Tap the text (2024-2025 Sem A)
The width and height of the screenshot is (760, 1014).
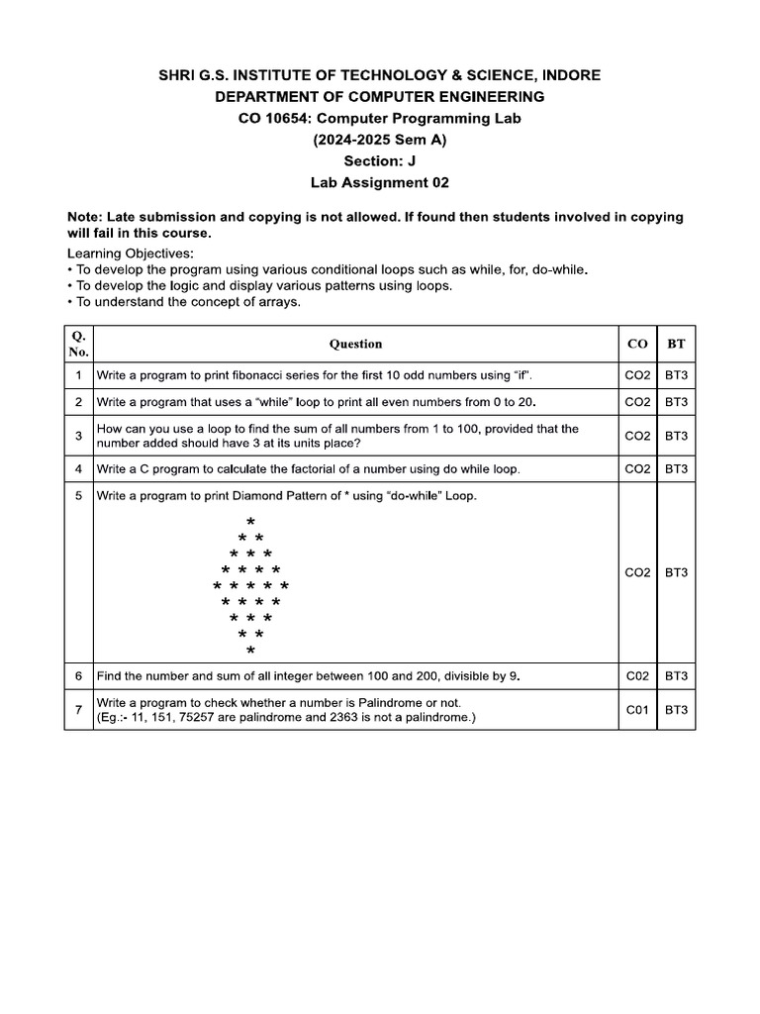380,140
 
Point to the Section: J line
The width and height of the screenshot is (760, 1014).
380,161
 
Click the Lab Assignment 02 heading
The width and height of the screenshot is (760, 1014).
380,183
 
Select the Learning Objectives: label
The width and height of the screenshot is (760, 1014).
131,253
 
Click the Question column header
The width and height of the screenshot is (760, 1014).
355,344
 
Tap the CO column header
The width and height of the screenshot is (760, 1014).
637,344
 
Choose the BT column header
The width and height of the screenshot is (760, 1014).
676,344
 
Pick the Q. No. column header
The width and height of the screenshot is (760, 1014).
79,344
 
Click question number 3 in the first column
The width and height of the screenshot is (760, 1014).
78,436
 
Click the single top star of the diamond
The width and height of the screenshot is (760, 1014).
250,521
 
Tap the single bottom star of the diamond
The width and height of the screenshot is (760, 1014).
250,651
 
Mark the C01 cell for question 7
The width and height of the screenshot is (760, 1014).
637,709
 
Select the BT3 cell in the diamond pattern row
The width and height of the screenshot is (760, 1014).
676,572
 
